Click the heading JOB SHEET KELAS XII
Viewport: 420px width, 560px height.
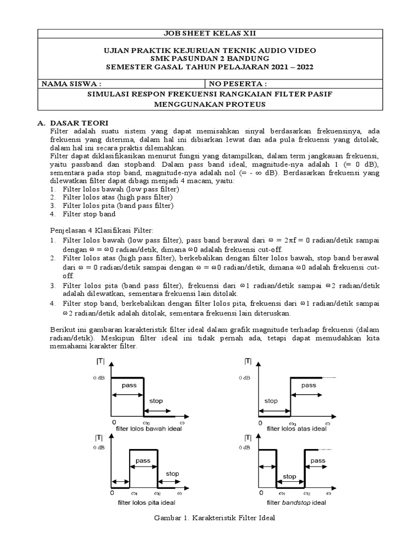click(210, 33)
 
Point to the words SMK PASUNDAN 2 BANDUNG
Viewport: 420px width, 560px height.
click(210, 59)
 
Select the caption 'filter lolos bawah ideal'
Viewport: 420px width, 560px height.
click(149, 429)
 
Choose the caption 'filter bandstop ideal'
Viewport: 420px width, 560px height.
click(296, 501)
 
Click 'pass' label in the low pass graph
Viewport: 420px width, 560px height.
click(129, 385)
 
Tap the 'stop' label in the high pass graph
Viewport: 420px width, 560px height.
click(271, 401)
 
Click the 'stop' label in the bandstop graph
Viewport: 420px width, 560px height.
click(290, 476)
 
